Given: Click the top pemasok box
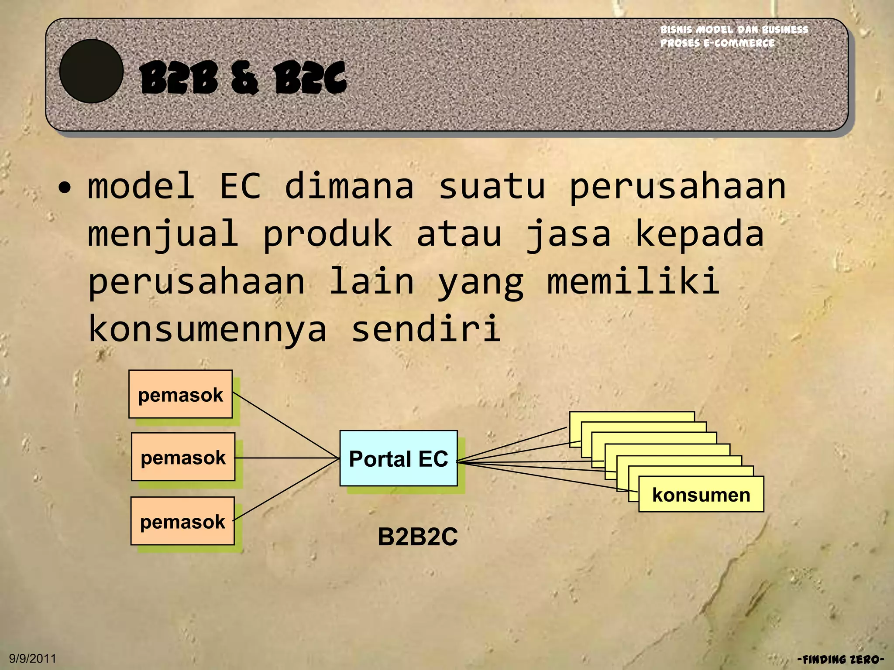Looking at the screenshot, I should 180,394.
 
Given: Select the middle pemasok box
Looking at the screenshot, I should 183,457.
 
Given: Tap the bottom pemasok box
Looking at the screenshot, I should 182,521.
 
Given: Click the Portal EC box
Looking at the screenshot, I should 398,458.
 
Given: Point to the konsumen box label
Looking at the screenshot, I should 701,494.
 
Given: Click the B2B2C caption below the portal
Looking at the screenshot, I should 417,536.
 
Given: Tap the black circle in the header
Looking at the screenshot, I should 91,71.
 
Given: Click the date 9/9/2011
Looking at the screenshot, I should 33,658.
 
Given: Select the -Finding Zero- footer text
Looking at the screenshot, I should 840,659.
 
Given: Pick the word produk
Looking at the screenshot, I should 327,234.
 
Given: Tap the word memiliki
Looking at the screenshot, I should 633,281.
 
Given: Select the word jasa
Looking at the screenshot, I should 567,234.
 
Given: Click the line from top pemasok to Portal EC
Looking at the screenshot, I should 286,425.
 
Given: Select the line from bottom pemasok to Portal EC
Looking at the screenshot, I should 286,489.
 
